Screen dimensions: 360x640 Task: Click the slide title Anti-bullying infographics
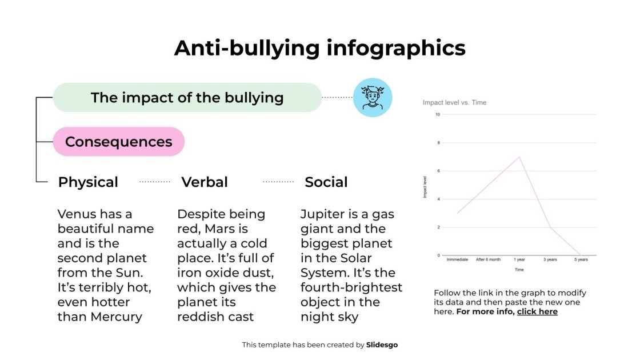pyautogui.click(x=319, y=48)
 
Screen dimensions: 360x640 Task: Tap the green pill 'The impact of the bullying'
pyautogui.click(x=187, y=98)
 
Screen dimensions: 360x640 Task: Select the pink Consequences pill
pyautogui.click(x=118, y=142)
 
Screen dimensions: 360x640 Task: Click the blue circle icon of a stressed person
pyautogui.click(x=373, y=98)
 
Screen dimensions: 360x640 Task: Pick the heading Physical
pyautogui.click(x=88, y=182)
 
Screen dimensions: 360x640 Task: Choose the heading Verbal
pyautogui.click(x=205, y=182)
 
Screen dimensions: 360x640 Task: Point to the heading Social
pyautogui.click(x=326, y=182)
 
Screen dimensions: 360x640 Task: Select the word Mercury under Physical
pyautogui.click(x=116, y=317)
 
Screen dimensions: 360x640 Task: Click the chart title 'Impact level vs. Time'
pyautogui.click(x=454, y=103)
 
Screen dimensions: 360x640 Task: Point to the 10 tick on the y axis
pyautogui.click(x=438, y=114)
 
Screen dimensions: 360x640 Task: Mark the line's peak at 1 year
pyautogui.click(x=519, y=157)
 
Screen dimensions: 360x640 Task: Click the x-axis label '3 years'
pyautogui.click(x=550, y=259)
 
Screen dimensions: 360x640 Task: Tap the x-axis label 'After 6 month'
pyautogui.click(x=488, y=259)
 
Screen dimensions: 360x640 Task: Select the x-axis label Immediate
pyautogui.click(x=458, y=259)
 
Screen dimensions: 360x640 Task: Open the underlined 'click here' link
pyautogui.click(x=537, y=311)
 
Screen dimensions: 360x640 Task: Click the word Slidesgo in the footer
pyautogui.click(x=382, y=345)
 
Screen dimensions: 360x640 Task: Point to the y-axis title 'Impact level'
pyautogui.click(x=425, y=187)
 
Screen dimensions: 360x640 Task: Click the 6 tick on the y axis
pyautogui.click(x=438, y=171)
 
